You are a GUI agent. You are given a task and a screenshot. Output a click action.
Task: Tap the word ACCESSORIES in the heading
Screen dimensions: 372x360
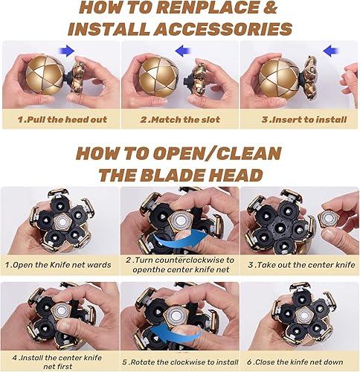228,29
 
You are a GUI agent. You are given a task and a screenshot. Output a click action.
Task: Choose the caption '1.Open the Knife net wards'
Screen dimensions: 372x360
59,265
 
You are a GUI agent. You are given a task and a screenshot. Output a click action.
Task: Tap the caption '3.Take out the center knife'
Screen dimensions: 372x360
300,265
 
